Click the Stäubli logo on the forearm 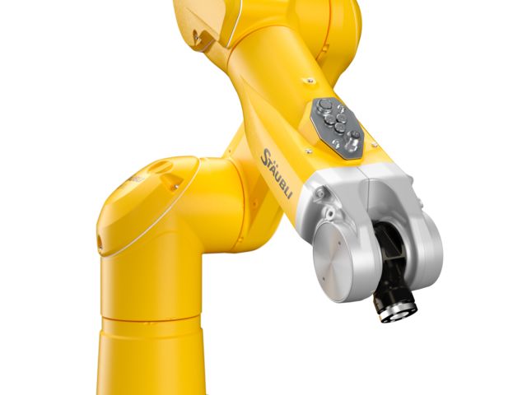276,174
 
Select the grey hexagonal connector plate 338,128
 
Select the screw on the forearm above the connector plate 310,81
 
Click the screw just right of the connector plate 374,145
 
